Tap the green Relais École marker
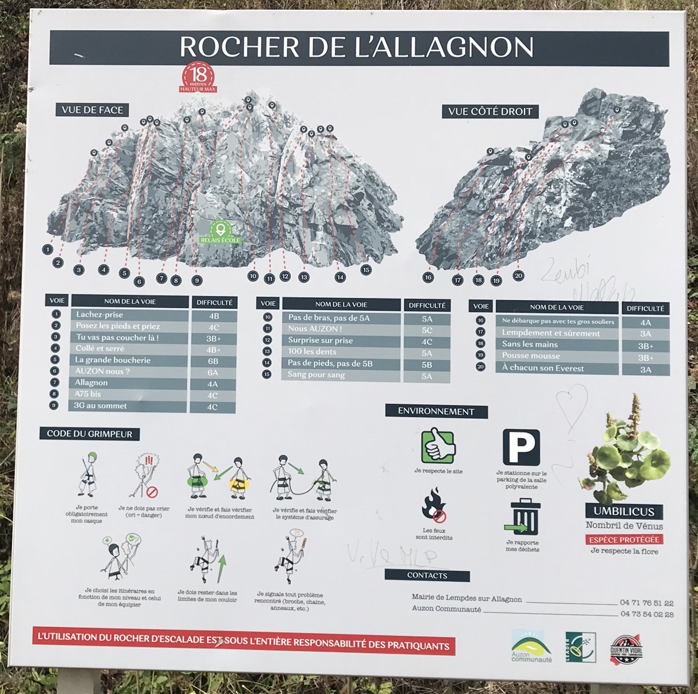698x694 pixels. (x=219, y=231)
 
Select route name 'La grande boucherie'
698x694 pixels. (x=113, y=360)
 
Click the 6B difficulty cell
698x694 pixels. (x=213, y=360)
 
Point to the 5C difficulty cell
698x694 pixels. (x=426, y=330)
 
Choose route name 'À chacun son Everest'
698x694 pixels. (x=542, y=368)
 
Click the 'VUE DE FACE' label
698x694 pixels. (x=93, y=110)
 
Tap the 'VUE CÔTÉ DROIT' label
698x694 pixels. (x=490, y=111)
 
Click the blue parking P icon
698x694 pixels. (x=521, y=448)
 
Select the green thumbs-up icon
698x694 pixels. (x=438, y=446)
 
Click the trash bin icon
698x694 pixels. (x=525, y=516)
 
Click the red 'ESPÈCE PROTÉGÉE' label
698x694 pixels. (x=623, y=539)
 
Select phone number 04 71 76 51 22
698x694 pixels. (x=646, y=603)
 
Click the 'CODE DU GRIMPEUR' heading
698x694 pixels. (x=90, y=434)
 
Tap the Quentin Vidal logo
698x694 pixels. (x=626, y=647)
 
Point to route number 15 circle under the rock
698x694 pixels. (x=365, y=270)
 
